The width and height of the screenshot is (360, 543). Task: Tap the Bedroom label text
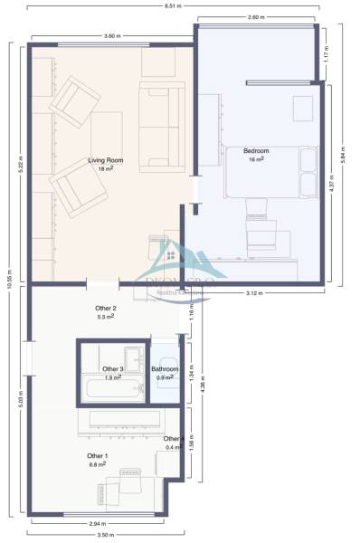257,150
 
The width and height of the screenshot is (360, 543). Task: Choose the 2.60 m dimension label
256,17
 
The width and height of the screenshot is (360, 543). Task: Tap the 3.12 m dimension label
255,292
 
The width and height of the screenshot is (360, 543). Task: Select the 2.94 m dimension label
96,522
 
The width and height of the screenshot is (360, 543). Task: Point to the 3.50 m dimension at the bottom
106,535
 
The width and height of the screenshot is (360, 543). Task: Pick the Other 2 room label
107,309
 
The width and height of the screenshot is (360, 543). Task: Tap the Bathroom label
165,369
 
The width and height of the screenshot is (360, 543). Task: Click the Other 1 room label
98,455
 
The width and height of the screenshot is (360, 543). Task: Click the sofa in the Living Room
163,128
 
